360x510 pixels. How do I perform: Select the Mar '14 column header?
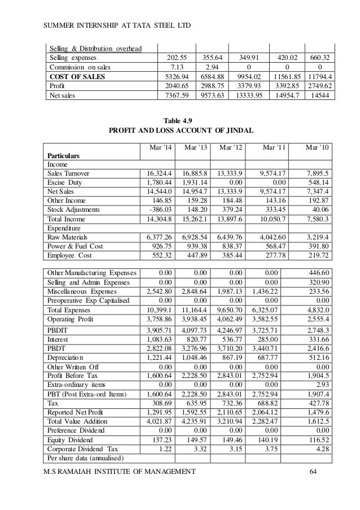[x=160, y=148]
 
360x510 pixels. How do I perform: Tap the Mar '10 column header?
[x=316, y=148]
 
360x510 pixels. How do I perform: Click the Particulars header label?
[x=63, y=155]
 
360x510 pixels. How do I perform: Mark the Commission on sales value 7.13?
[x=177, y=67]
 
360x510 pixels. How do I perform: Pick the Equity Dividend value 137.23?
[x=160, y=441]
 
